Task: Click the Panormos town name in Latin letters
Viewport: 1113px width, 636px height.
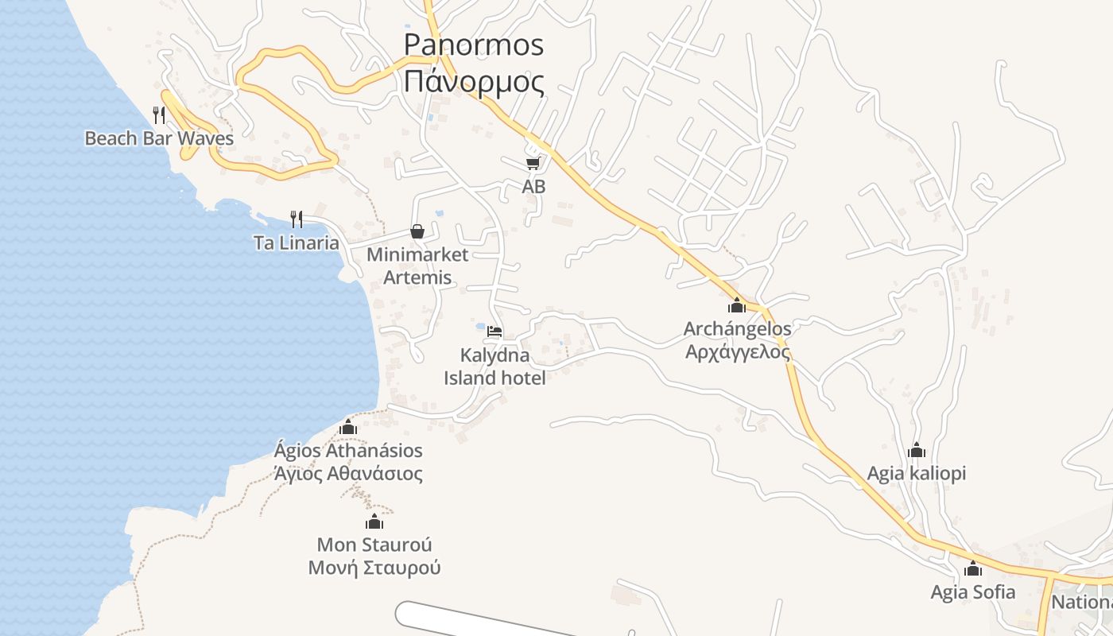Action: [x=473, y=45]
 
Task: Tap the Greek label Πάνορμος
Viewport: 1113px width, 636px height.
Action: [x=473, y=82]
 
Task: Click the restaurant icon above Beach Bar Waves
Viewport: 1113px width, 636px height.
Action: [x=159, y=115]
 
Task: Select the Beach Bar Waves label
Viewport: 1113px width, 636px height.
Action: [x=159, y=138]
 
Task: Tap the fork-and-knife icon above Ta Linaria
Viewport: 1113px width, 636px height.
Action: [x=297, y=219]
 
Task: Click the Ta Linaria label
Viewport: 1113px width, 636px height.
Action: [x=297, y=243]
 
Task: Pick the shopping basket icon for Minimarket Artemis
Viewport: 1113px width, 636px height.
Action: [x=417, y=231]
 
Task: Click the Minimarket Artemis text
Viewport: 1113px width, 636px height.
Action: [x=417, y=266]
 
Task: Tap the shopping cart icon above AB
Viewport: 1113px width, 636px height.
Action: [x=533, y=163]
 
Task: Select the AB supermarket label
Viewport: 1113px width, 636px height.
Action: [x=533, y=187]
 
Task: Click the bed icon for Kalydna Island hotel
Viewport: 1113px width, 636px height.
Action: [x=494, y=331]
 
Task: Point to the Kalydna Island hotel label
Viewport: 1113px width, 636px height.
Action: [x=494, y=366]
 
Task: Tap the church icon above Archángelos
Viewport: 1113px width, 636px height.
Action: [x=737, y=305]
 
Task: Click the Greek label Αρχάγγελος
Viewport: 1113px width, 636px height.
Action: [x=738, y=351]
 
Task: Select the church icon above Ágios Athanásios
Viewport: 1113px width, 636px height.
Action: [x=348, y=428]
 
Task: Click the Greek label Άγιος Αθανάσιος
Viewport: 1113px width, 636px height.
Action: [x=348, y=475]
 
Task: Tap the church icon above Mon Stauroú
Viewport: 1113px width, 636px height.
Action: [x=374, y=522]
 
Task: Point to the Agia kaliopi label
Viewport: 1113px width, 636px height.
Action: [x=917, y=474]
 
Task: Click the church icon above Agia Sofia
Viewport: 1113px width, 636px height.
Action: [x=973, y=569]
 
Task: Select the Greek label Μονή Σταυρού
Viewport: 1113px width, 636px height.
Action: [x=374, y=568]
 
